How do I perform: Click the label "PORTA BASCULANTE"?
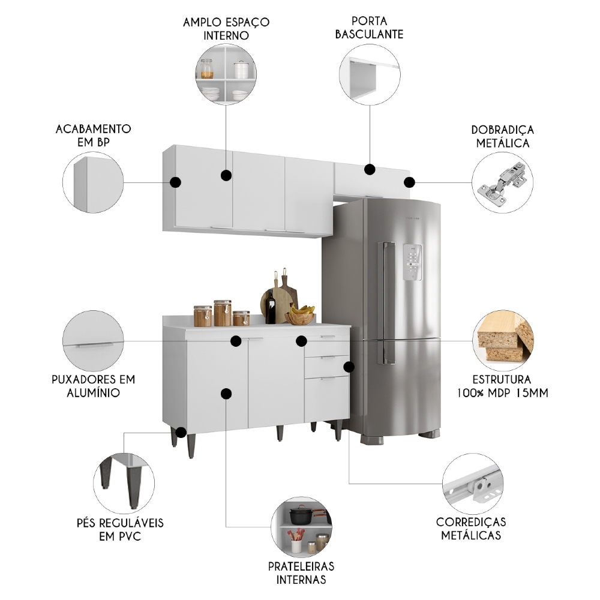(369, 28)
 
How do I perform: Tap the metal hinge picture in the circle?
(502, 181)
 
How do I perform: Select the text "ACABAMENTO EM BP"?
(93, 135)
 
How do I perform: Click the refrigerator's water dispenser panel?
(413, 262)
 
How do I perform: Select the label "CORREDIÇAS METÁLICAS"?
(471, 528)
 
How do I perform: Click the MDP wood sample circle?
(503, 340)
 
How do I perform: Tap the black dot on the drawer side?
(349, 366)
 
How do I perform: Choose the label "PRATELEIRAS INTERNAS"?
(301, 572)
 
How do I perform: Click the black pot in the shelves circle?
(299, 515)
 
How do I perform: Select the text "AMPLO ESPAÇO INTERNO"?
(227, 28)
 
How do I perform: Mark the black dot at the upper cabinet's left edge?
(175, 182)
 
